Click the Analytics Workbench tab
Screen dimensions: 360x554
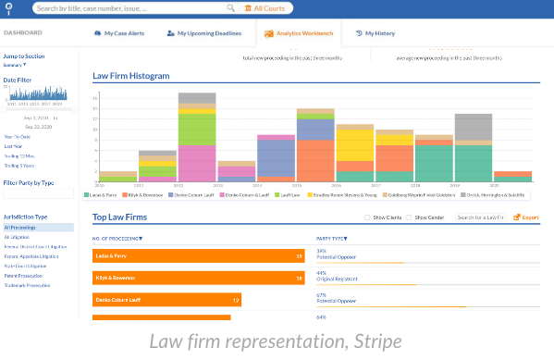[300, 33]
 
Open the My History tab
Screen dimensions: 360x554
[379, 33]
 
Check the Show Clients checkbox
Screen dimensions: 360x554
[367, 217]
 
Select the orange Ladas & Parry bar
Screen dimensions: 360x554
[198, 255]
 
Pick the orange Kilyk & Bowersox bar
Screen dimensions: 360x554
[198, 278]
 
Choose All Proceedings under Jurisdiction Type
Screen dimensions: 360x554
[21, 227]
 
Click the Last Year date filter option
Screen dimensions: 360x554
[13, 145]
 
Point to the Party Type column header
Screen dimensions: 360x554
[332, 238]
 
